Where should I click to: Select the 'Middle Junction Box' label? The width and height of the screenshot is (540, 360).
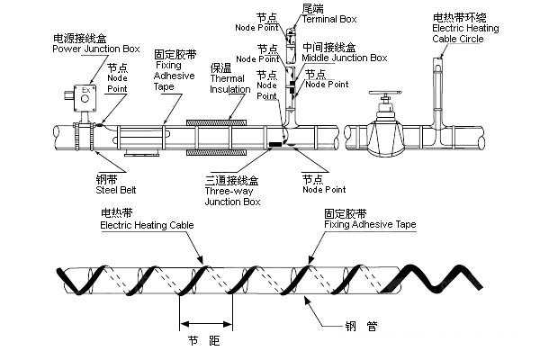pyautogui.click(x=346, y=58)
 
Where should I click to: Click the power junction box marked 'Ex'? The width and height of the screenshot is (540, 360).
pyautogui.click(x=86, y=94)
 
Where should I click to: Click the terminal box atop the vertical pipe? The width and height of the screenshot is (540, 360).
pyautogui.click(x=292, y=35)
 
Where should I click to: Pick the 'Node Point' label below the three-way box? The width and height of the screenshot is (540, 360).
pyautogui.click(x=324, y=190)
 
